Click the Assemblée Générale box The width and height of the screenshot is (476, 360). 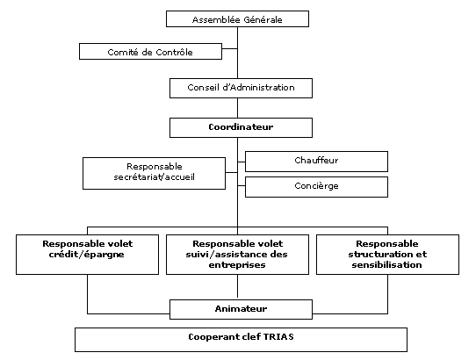coord(237,18)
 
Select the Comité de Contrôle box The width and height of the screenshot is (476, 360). coord(150,51)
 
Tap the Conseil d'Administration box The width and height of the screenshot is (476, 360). coord(241,89)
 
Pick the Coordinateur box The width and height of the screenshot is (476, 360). coord(241,128)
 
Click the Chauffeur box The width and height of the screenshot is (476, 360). coord(316,162)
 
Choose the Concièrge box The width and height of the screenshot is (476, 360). coord(316,187)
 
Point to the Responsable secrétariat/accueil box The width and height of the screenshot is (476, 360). coord(155,173)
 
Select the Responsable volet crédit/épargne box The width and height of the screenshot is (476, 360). coord(88,255)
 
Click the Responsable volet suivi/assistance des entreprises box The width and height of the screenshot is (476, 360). coord(237,255)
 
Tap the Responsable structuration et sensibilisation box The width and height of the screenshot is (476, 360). coord(387,255)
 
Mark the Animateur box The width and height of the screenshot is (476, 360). coord(241,310)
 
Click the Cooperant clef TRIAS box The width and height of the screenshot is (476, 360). coord(241,340)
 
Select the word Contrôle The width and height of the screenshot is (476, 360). coord(174,52)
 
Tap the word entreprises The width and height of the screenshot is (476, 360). coord(237,265)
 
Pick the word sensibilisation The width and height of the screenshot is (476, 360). coord(386,265)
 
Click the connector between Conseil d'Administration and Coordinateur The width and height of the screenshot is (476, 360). coord(237,108)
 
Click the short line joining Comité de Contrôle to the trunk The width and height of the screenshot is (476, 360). coord(229,48)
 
